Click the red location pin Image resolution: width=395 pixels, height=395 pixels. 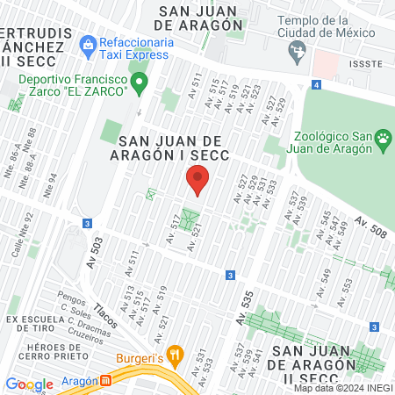[x=197, y=182]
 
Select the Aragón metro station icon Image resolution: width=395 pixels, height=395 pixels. [x=105, y=382]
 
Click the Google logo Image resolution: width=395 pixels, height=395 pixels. [x=30, y=384]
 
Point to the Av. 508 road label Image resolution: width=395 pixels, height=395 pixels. [x=372, y=227]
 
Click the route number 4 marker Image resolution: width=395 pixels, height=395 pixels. [x=314, y=85]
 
